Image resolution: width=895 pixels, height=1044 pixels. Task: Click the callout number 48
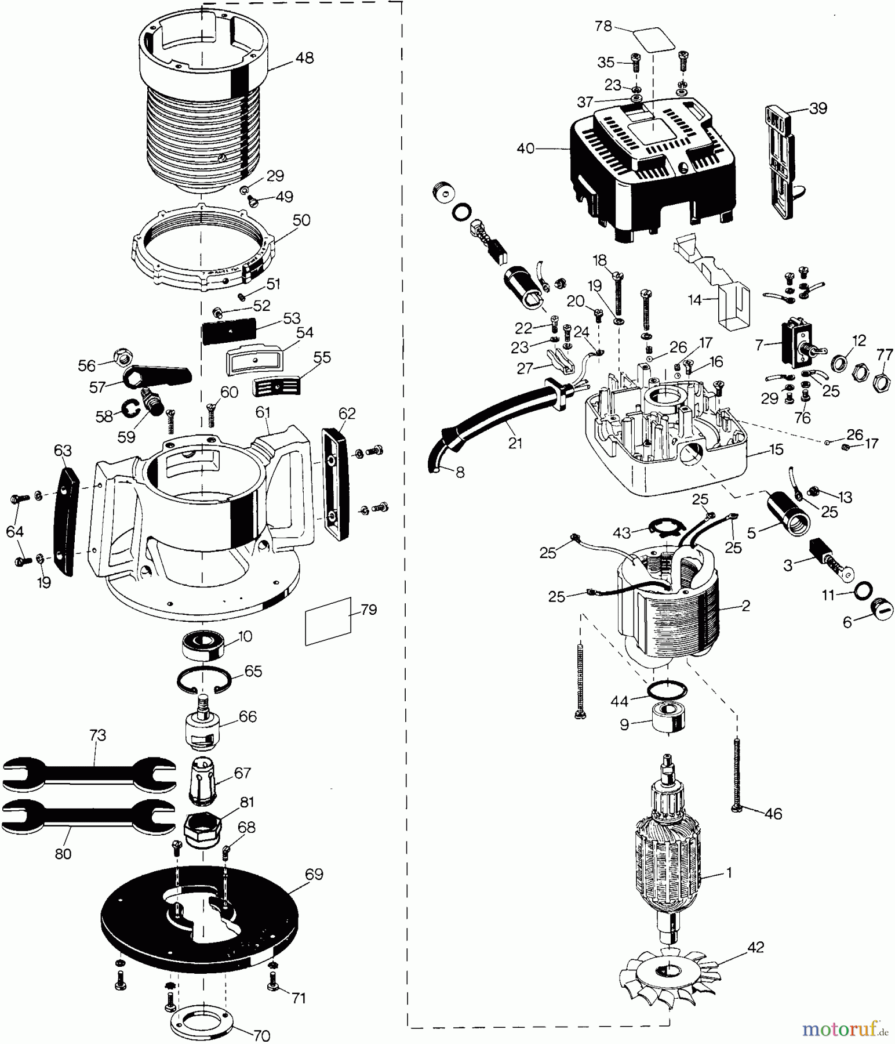tap(304, 58)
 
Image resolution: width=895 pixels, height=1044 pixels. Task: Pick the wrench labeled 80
tap(89, 818)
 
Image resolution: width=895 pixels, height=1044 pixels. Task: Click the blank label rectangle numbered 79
tap(329, 621)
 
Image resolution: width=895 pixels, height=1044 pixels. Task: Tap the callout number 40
tap(526, 149)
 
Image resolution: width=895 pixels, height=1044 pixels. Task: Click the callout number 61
tap(263, 412)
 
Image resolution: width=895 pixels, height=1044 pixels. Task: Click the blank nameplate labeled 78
tap(654, 39)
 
